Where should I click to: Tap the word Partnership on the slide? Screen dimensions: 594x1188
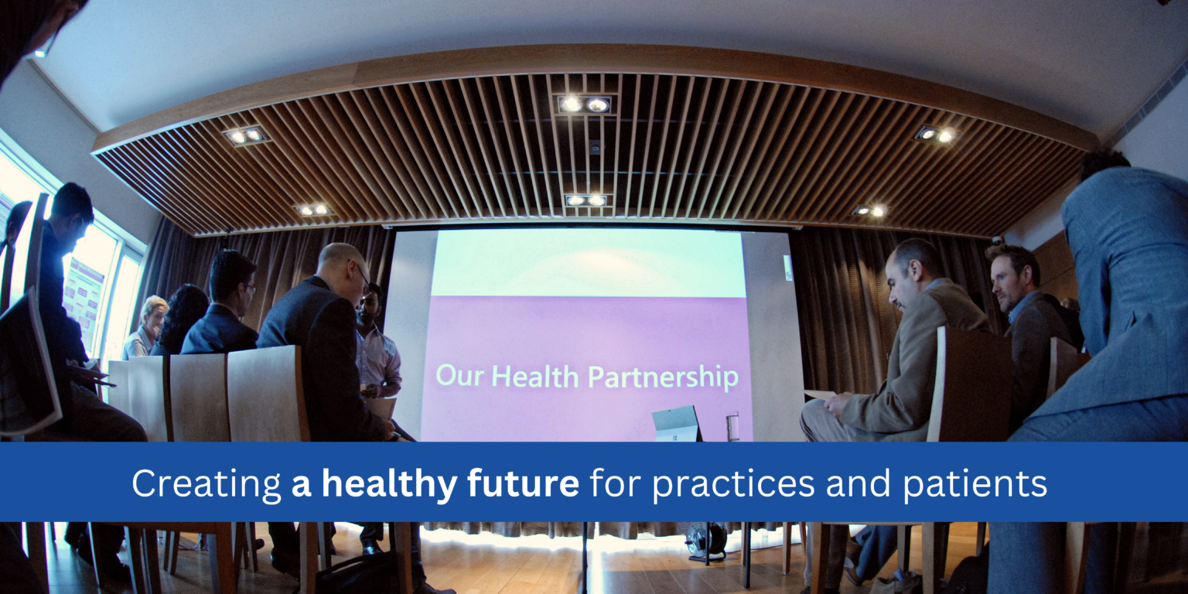[662, 377]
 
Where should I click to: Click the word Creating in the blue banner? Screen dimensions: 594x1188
[206, 484]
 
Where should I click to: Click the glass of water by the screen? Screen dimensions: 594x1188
[732, 426]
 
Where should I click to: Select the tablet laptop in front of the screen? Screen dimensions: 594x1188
[674, 424]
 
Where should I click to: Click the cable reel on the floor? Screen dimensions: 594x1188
[705, 539]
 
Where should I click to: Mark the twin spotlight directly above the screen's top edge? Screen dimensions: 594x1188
[585, 200]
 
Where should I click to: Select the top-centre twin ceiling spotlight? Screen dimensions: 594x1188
[584, 104]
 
